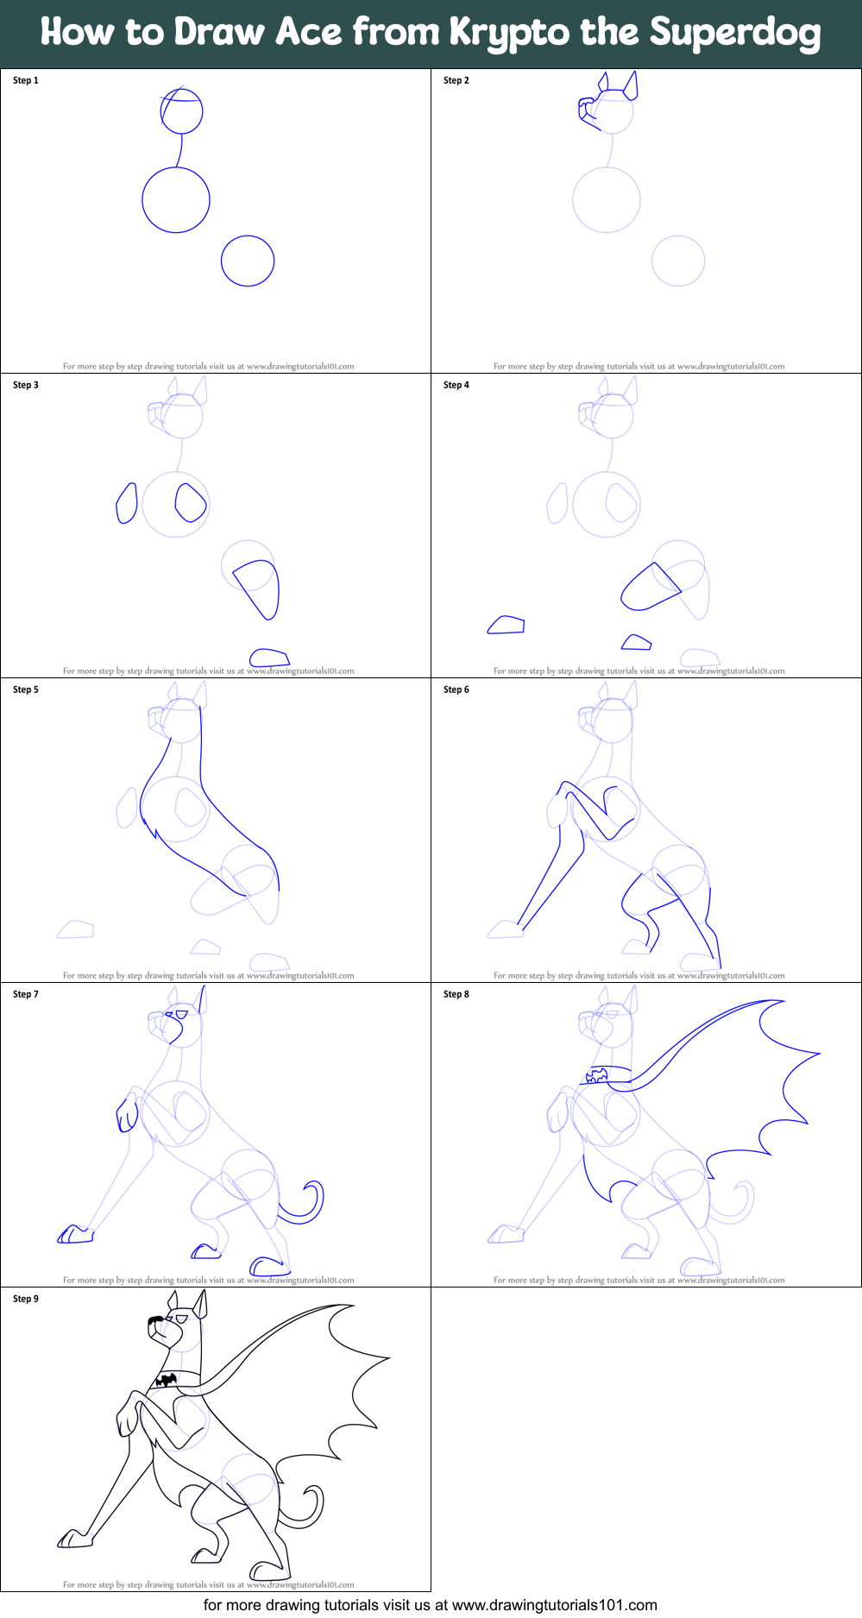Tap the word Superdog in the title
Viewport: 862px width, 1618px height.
[735, 33]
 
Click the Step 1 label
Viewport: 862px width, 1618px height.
[26, 80]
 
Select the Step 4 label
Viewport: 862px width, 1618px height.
[456, 385]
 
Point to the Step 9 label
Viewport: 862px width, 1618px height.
[26, 1299]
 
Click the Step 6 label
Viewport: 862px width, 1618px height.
[456, 689]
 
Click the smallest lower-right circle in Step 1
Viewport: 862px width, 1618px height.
[248, 261]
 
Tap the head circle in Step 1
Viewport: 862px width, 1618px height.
[182, 111]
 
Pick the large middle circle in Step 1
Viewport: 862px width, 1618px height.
[176, 200]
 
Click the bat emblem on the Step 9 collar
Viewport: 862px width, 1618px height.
[166, 1380]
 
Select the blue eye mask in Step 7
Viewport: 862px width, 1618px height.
[182, 1014]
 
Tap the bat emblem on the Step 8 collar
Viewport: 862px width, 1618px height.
[596, 1076]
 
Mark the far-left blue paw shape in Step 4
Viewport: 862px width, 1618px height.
[507, 625]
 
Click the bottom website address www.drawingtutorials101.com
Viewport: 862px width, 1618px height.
[554, 1605]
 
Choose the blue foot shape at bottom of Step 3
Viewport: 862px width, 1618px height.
[269, 658]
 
